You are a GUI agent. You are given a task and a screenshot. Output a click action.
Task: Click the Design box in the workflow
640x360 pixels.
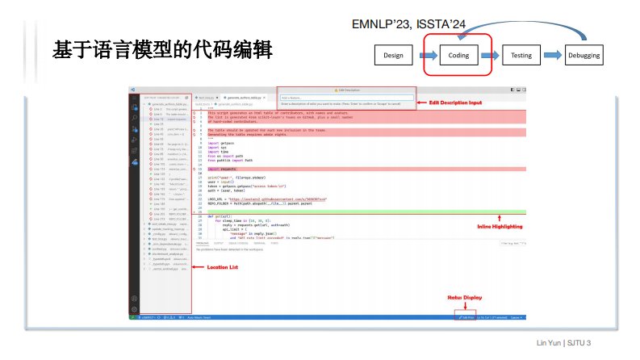pos(392,56)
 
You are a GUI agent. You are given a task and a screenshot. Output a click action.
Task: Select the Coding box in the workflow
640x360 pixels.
pos(458,56)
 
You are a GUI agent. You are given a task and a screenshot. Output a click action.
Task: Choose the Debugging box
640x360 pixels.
pos(584,56)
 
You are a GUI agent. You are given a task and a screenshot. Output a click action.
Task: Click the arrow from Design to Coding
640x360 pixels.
pos(425,56)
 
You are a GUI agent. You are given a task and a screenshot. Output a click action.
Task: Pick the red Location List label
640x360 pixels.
pos(223,266)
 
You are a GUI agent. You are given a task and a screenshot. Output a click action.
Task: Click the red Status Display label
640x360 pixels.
pos(463,298)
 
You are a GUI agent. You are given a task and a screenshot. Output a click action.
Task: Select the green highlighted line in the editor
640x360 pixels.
pos(363,211)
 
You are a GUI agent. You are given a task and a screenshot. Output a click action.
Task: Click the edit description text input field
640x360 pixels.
pos(346,98)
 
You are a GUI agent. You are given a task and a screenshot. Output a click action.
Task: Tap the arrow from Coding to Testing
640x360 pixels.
pos(488,56)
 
